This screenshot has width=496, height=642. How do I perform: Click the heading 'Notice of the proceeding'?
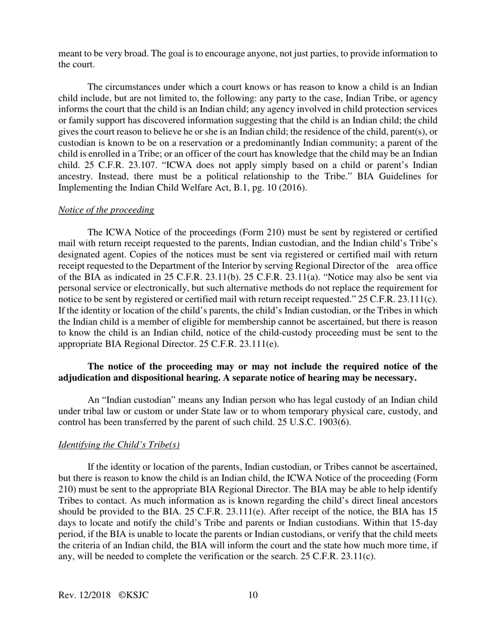point(106,210)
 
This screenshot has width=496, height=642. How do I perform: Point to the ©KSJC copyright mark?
point(134,595)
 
